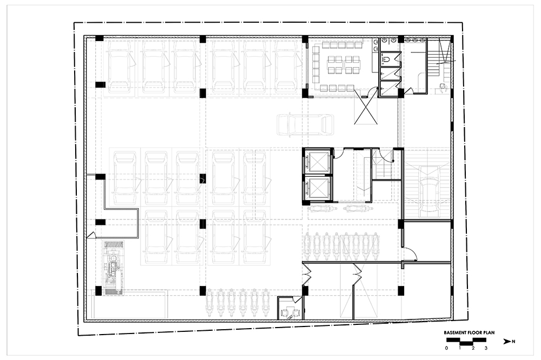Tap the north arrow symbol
pyautogui.click(x=507, y=342)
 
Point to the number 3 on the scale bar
pyautogui.click(x=486, y=348)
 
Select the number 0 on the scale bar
pyautogui.click(x=446, y=348)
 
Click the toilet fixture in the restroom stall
pyautogui.click(x=386, y=59)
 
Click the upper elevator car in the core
pyautogui.click(x=318, y=162)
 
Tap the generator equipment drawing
pyautogui.click(x=113, y=268)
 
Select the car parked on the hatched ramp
pyautogui.click(x=428, y=189)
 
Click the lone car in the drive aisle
pyautogui.click(x=305, y=124)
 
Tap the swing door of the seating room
pyautogui.click(x=372, y=92)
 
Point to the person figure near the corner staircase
pyautogui.click(x=443, y=88)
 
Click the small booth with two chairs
pyautogui.click(x=290, y=308)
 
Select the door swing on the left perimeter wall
pyautogui.click(x=91, y=235)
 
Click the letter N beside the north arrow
pyautogui.click(x=514, y=342)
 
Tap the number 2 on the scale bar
pyautogui.click(x=473, y=348)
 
